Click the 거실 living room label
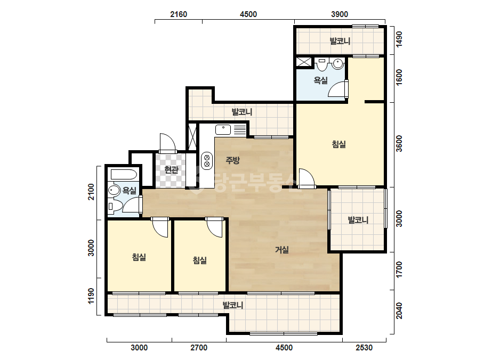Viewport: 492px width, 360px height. (x=282, y=250)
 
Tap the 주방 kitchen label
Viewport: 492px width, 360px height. (x=232, y=160)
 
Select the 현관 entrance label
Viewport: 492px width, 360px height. (x=171, y=170)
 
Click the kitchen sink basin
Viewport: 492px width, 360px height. (x=223, y=129)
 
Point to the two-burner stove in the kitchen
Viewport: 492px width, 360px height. (x=207, y=161)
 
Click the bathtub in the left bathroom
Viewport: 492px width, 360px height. (x=123, y=174)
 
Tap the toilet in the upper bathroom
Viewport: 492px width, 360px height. (x=321, y=64)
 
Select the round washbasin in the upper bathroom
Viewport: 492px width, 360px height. (x=338, y=64)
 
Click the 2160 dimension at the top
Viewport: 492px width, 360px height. (x=179, y=14)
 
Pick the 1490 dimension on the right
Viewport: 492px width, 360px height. (x=399, y=39)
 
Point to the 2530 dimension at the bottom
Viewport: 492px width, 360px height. (x=364, y=347)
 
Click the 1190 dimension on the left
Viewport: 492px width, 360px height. (x=91, y=296)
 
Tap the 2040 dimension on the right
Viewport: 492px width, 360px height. (x=399, y=310)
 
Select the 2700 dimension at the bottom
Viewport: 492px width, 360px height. (x=199, y=347)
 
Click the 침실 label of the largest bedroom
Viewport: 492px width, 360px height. (x=339, y=144)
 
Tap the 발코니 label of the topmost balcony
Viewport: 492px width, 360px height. (x=340, y=41)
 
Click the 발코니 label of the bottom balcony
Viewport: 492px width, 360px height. (x=233, y=305)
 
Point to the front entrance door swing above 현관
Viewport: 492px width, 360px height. (x=167, y=143)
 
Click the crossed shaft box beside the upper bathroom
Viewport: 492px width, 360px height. (x=304, y=62)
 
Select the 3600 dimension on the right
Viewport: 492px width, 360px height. (x=399, y=143)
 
